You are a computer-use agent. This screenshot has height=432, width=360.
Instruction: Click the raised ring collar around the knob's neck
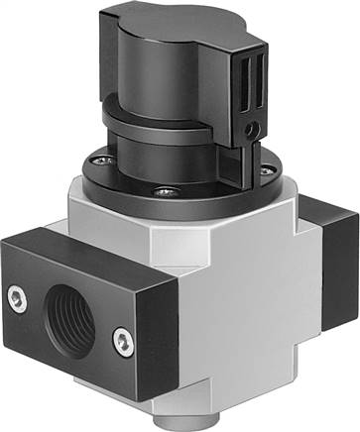(x=159, y=120)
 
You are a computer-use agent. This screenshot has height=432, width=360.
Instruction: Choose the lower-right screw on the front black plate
(x=120, y=341)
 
